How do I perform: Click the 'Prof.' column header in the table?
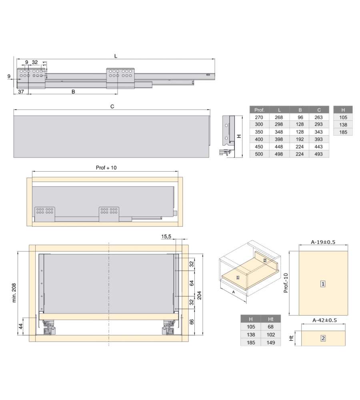pos(259,110)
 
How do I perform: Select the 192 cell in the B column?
pos(300,139)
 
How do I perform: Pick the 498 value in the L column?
pos(279,154)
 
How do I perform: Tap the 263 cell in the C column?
pos(319,117)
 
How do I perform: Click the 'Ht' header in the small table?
pos(271,319)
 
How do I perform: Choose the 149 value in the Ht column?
pos(271,343)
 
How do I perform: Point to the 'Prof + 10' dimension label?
pos(106,168)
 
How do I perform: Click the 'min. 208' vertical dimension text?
pos(14,293)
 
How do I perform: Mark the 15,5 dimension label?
pos(166,236)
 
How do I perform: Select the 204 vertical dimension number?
pos(199,295)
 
